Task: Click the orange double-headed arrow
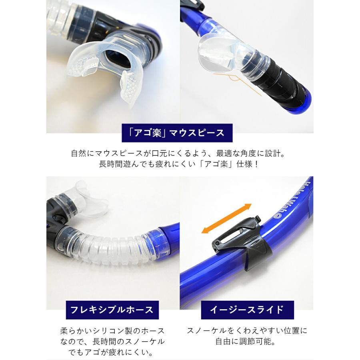[226, 218]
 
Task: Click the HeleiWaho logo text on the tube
[292, 199]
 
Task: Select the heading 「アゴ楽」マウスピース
[177, 133]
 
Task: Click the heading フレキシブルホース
[112, 310]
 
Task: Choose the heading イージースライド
[247, 310]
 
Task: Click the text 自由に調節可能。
[246, 342]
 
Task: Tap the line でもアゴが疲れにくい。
[111, 352]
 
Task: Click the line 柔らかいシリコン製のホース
[112, 331]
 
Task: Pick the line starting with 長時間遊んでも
[179, 164]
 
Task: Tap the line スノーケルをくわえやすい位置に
[247, 331]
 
